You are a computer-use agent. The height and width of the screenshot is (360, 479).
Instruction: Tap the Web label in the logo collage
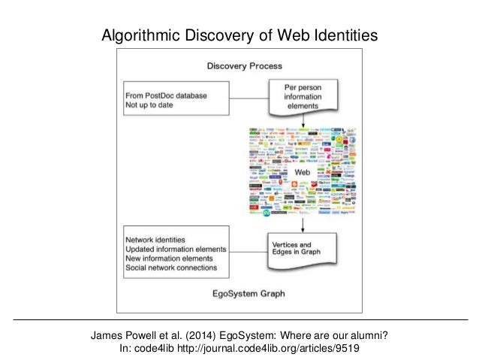point(301,173)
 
